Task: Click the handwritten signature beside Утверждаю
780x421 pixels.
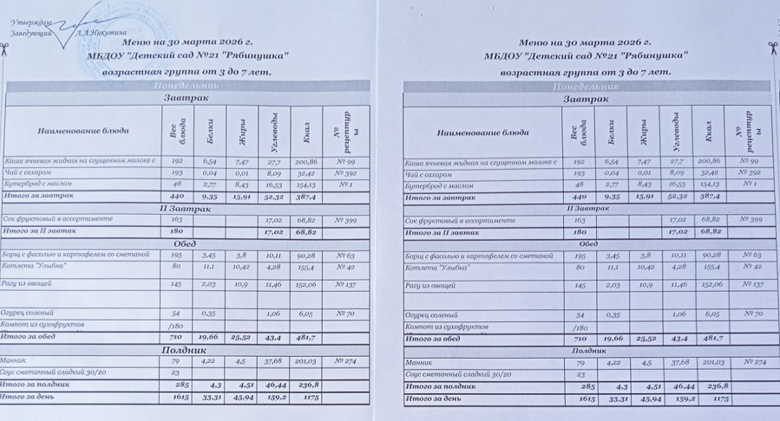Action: coord(74,19)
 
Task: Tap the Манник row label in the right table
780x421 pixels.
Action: coord(421,362)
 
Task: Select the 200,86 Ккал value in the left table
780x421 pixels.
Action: coord(307,161)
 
